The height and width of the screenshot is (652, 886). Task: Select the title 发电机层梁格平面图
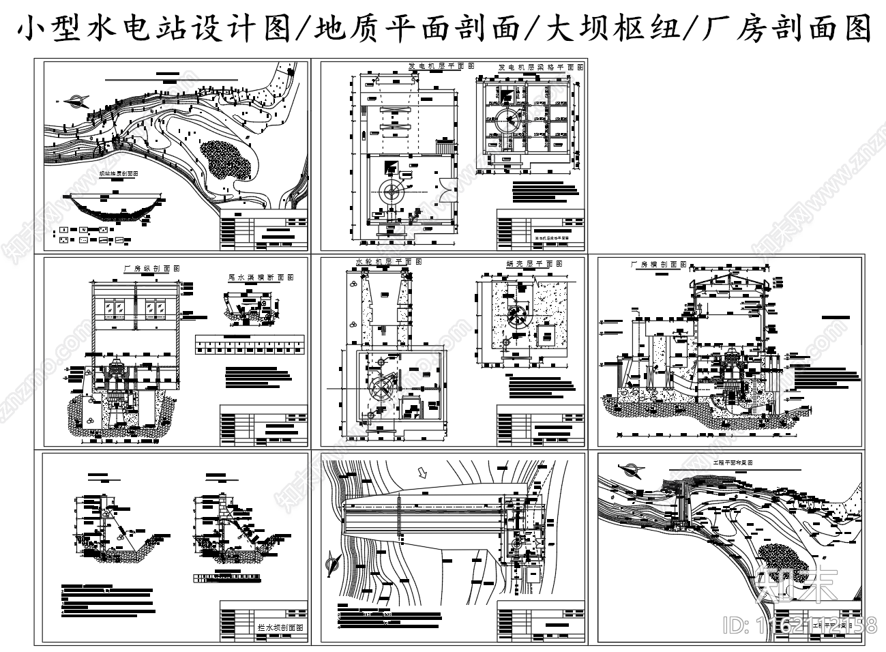[540, 68]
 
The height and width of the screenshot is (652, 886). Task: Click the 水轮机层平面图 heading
[389, 261]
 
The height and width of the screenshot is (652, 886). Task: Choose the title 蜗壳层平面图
[535, 263]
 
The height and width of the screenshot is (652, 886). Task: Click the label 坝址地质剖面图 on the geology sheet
[119, 174]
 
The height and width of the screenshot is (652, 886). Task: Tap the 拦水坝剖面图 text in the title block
[280, 627]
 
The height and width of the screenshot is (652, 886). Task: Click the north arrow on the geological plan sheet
[74, 102]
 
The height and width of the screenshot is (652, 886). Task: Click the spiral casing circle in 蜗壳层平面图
[518, 316]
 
